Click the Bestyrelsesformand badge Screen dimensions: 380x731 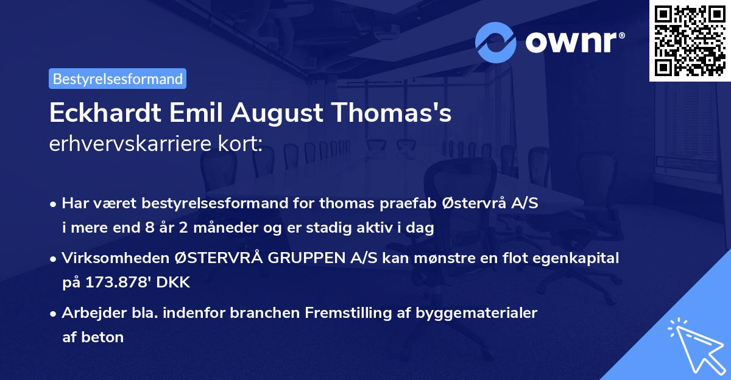click(x=118, y=79)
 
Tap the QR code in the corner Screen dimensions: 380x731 click(x=690, y=41)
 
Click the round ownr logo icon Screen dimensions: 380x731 click(x=496, y=41)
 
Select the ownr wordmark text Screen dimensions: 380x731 click(x=574, y=41)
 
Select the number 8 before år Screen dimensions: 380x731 click(x=146, y=228)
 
